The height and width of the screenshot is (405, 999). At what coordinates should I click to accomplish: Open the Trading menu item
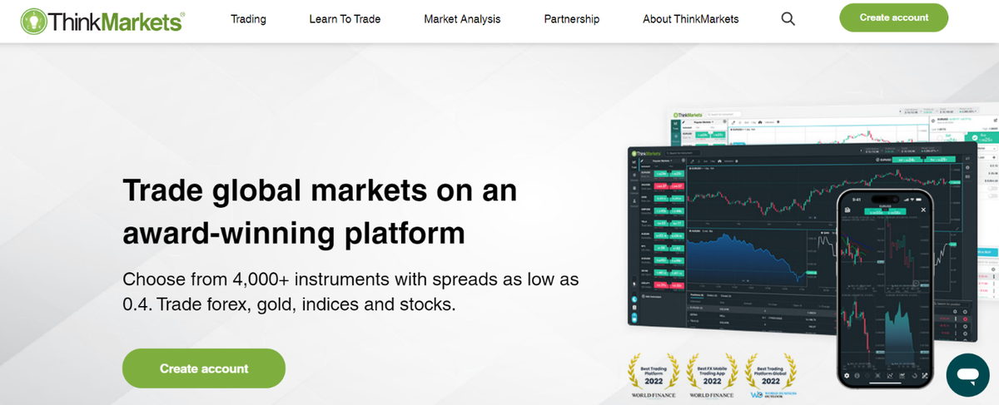point(248,19)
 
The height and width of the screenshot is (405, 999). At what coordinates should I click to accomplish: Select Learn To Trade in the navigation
point(345,19)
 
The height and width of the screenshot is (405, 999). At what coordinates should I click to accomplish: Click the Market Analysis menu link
point(462,19)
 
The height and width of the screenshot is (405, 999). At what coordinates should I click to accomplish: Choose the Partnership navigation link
point(571,19)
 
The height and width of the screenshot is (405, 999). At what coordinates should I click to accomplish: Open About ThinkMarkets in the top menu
point(690,19)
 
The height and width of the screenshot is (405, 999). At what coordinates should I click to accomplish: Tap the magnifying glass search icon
point(788,19)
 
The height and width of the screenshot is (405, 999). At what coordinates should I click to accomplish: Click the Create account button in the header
point(894,18)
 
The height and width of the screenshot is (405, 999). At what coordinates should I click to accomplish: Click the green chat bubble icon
point(967,375)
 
